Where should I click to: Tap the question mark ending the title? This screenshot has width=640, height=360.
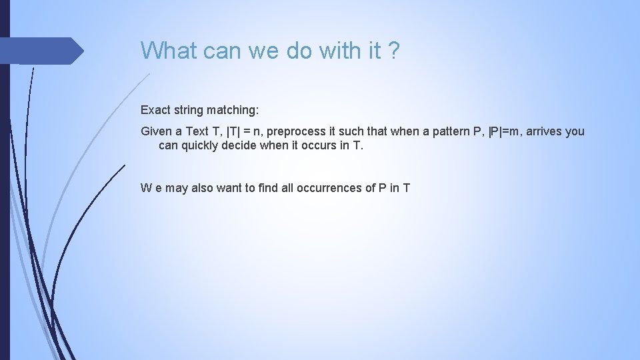pyautogui.click(x=394, y=50)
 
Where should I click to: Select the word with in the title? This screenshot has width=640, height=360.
pyautogui.click(x=339, y=50)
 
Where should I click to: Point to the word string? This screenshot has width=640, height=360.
pyautogui.click(x=190, y=108)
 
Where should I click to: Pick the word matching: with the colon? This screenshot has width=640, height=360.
pyautogui.click(x=234, y=108)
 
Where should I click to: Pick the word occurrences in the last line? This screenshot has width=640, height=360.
pyautogui.click(x=335, y=188)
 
